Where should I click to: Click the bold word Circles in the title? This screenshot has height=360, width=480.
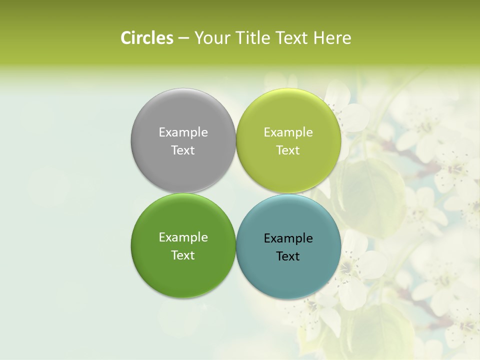(x=146, y=38)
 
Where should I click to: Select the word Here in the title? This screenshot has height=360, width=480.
(x=332, y=38)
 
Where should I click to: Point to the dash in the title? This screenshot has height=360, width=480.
(x=183, y=38)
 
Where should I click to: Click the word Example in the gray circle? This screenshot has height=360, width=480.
(x=183, y=132)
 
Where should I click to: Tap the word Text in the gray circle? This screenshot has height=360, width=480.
(x=183, y=150)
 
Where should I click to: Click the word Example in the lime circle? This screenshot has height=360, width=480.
(x=288, y=132)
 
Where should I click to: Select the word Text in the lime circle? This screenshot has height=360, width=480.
(x=288, y=150)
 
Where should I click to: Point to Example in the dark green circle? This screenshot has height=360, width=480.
(x=183, y=237)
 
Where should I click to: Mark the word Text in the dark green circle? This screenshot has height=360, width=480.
(x=183, y=255)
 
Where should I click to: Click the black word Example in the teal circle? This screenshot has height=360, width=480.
(x=288, y=238)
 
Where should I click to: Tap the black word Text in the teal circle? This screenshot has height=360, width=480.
(x=288, y=256)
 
